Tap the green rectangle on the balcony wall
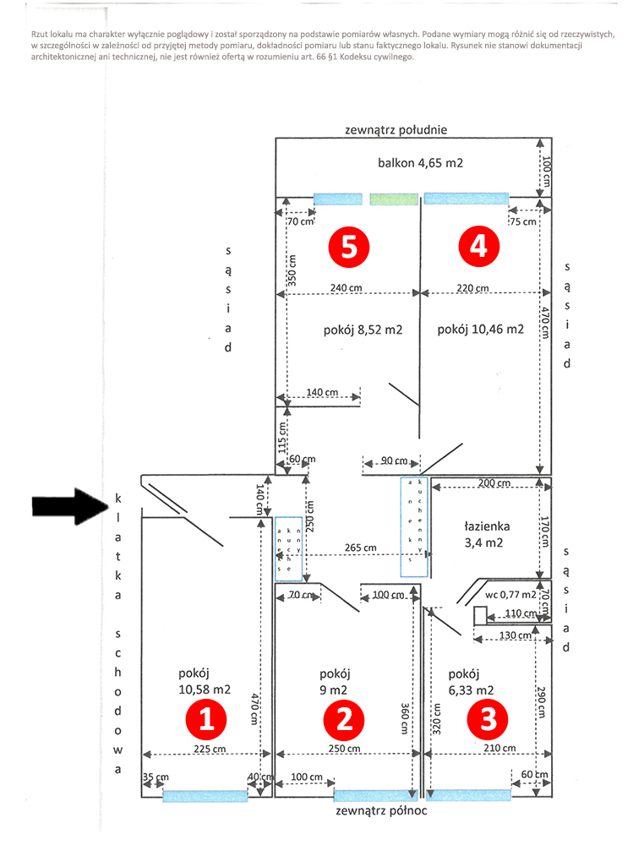click(394, 199)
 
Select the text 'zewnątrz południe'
click(396, 130)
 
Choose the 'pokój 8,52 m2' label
click(362, 330)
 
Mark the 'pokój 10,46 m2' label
click(481, 330)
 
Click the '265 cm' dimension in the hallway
click(360, 548)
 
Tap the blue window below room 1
click(205, 795)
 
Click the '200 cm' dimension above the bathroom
click(494, 483)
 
